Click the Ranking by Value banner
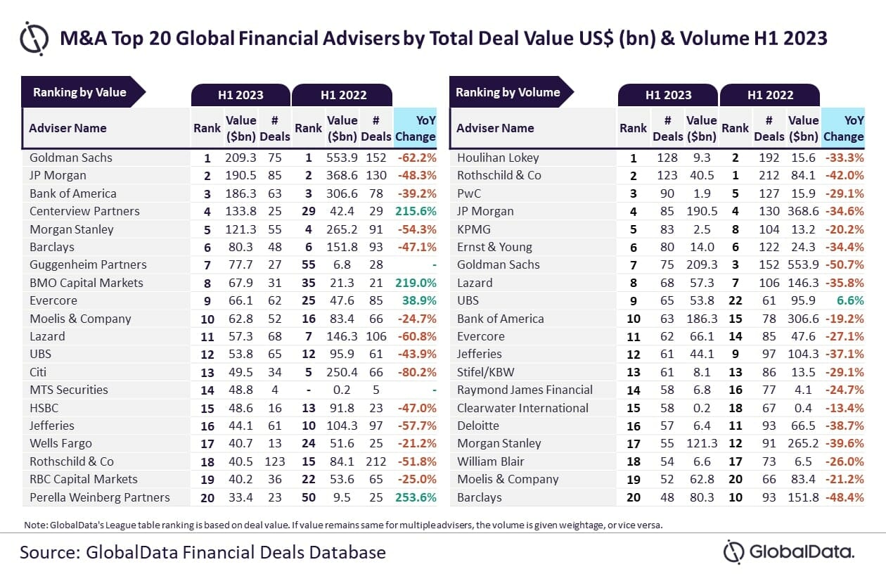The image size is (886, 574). pyautogui.click(x=79, y=92)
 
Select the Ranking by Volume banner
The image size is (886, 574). pyautogui.click(x=508, y=92)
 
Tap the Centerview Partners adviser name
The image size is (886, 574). pyautogui.click(x=84, y=211)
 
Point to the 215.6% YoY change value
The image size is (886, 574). pyautogui.click(x=416, y=211)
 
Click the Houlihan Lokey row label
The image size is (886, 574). pyautogui.click(x=498, y=158)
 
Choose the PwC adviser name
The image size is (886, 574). pyautogui.click(x=470, y=193)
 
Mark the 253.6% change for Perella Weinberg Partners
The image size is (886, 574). pyautogui.click(x=416, y=497)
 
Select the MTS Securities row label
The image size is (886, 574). pyautogui.click(x=69, y=390)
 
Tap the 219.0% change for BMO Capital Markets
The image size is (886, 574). pyautogui.click(x=416, y=283)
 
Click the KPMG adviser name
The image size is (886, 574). pyautogui.click(x=474, y=229)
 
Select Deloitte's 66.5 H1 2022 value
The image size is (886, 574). pyautogui.click(x=803, y=426)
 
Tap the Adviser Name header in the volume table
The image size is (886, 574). pyautogui.click(x=495, y=128)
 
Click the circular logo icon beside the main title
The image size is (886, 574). pyautogui.click(x=34, y=37)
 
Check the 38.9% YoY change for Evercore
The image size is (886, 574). pyautogui.click(x=418, y=300)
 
